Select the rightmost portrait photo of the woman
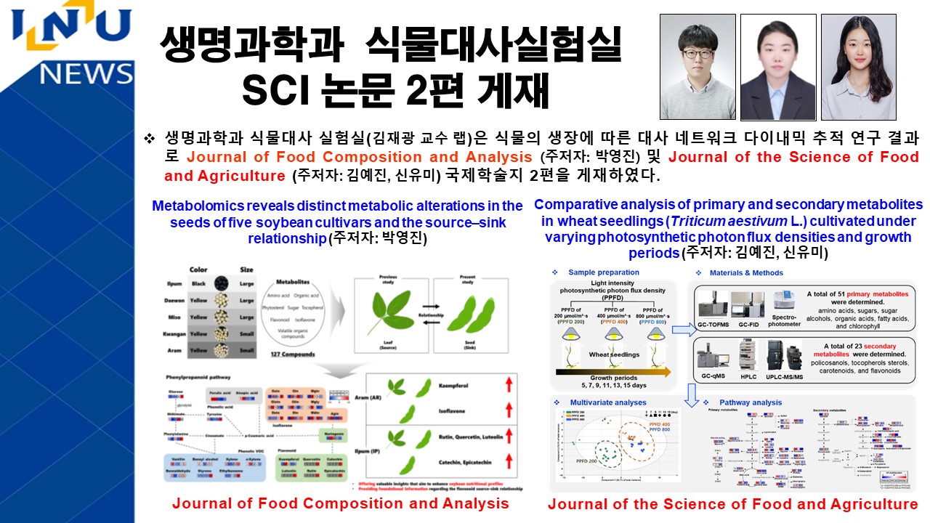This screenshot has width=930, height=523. [858, 67]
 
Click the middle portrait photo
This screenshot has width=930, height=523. [777, 67]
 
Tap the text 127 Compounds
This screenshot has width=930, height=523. [295, 354]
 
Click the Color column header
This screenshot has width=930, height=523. [198, 269]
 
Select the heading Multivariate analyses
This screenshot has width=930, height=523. [609, 402]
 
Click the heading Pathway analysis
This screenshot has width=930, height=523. [751, 402]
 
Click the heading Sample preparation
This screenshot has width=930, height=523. [604, 272]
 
